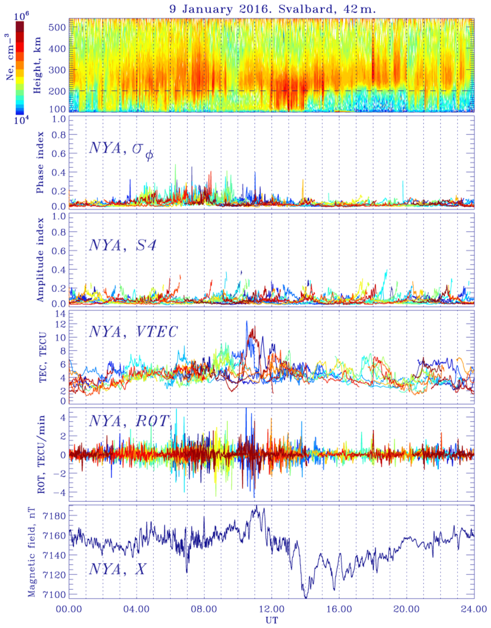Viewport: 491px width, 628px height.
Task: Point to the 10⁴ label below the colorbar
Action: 19,120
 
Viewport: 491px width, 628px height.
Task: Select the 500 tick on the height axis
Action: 57,27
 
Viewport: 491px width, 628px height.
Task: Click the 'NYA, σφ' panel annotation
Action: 121,150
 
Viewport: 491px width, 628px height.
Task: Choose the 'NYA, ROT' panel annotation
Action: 129,421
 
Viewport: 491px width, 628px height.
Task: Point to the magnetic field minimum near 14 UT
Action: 306,598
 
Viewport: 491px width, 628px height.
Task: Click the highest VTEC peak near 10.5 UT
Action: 247,321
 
